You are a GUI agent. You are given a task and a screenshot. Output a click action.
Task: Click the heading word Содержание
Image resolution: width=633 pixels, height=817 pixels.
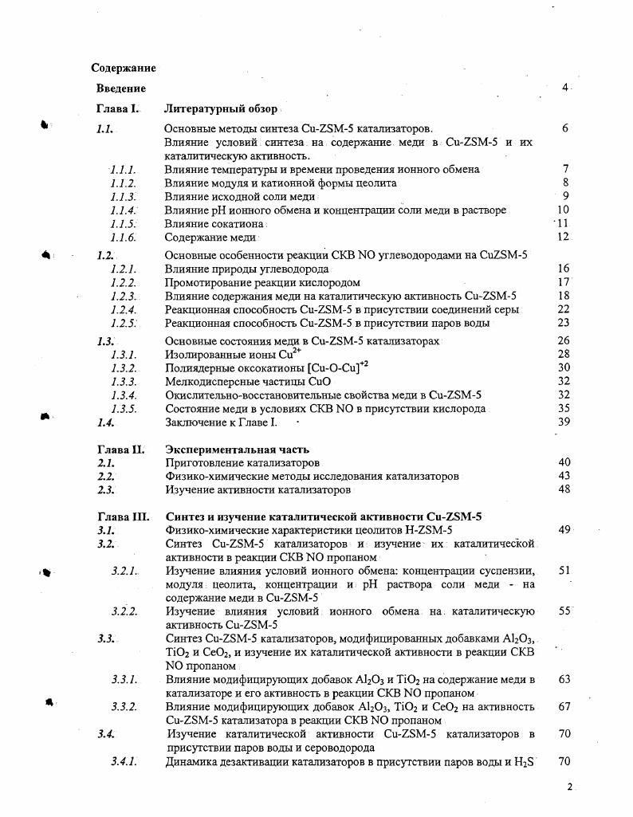124,69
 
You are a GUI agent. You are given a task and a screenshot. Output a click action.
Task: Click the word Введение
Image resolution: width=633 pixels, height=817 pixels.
121,88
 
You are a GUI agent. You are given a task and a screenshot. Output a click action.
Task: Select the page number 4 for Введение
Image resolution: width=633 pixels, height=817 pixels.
564,88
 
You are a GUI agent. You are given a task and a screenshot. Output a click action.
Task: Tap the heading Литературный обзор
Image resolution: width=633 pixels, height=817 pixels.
221,108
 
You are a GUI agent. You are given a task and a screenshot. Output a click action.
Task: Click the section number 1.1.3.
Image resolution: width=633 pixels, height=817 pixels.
124,196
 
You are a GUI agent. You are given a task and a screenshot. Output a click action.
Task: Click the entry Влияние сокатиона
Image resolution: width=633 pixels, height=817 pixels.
214,224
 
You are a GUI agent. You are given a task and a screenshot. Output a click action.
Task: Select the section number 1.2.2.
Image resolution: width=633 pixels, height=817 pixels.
124,282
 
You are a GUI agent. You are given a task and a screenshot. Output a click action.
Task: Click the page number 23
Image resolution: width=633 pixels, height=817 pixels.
564,323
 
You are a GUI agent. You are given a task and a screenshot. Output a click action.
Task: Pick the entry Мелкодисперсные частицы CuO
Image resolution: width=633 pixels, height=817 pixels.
248,381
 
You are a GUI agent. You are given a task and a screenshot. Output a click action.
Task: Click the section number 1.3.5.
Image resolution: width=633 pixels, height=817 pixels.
124,409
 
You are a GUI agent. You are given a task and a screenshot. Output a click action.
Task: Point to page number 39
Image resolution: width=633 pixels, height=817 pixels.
564,422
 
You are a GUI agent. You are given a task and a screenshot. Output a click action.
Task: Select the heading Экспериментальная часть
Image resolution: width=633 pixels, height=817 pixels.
237,450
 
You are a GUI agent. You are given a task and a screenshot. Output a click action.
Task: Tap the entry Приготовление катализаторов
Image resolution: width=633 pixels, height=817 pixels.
242,462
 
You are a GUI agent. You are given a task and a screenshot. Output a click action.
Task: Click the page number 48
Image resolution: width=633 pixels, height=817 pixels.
564,489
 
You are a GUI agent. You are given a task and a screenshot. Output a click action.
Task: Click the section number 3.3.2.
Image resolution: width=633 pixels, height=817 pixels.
124,706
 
